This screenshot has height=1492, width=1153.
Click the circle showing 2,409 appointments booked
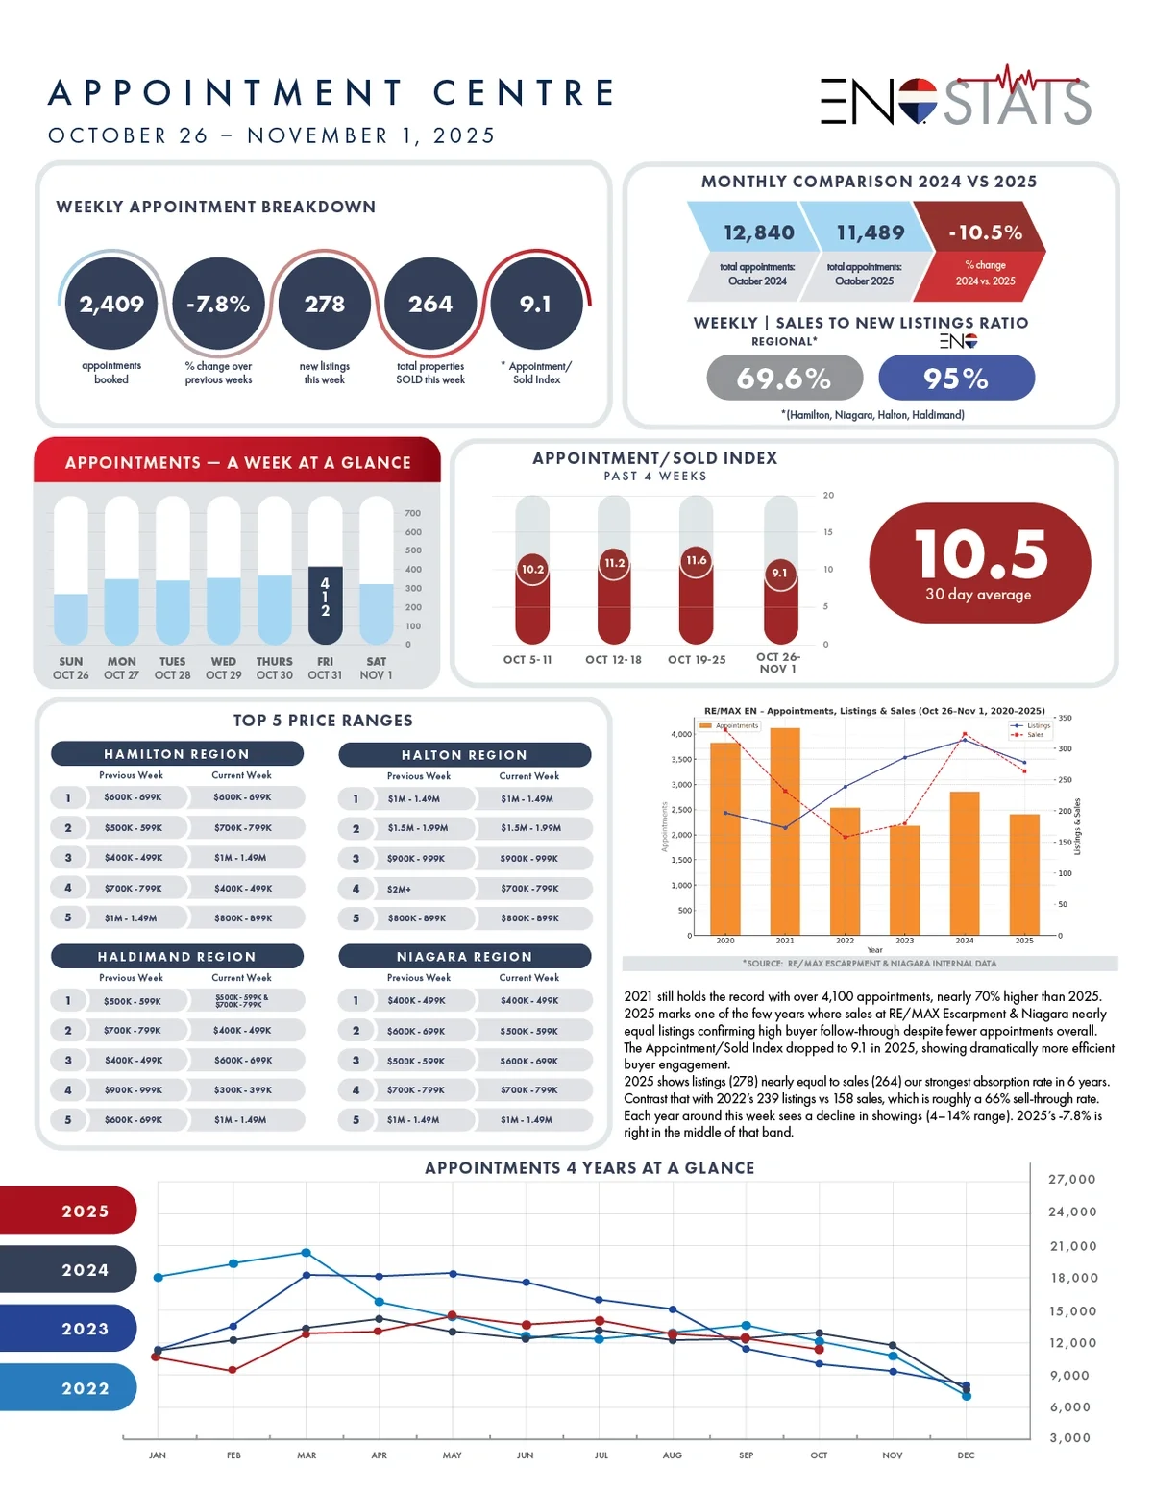click(x=111, y=304)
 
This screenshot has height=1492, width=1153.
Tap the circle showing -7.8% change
click(x=218, y=304)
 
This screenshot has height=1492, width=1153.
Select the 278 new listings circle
click(x=325, y=304)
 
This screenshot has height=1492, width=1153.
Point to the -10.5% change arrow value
click(x=984, y=232)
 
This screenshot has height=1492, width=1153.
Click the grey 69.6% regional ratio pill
click(x=784, y=379)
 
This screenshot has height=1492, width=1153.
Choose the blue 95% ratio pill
click(x=956, y=379)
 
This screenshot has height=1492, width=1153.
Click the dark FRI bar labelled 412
click(x=325, y=605)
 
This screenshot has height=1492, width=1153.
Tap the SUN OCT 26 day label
click(x=70, y=668)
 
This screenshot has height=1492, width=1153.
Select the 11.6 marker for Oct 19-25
click(x=697, y=560)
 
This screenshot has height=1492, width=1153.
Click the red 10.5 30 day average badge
click(x=979, y=563)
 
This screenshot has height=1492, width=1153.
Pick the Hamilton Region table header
click(x=177, y=754)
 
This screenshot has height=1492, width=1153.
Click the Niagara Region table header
click(x=465, y=956)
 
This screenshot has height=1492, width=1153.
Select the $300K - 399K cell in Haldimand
click(x=242, y=1090)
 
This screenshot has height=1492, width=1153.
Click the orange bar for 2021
click(x=785, y=831)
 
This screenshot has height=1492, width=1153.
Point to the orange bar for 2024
click(x=965, y=863)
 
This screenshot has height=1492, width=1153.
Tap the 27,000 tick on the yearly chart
click(x=1071, y=1179)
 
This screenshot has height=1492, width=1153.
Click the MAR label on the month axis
click(x=307, y=1455)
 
